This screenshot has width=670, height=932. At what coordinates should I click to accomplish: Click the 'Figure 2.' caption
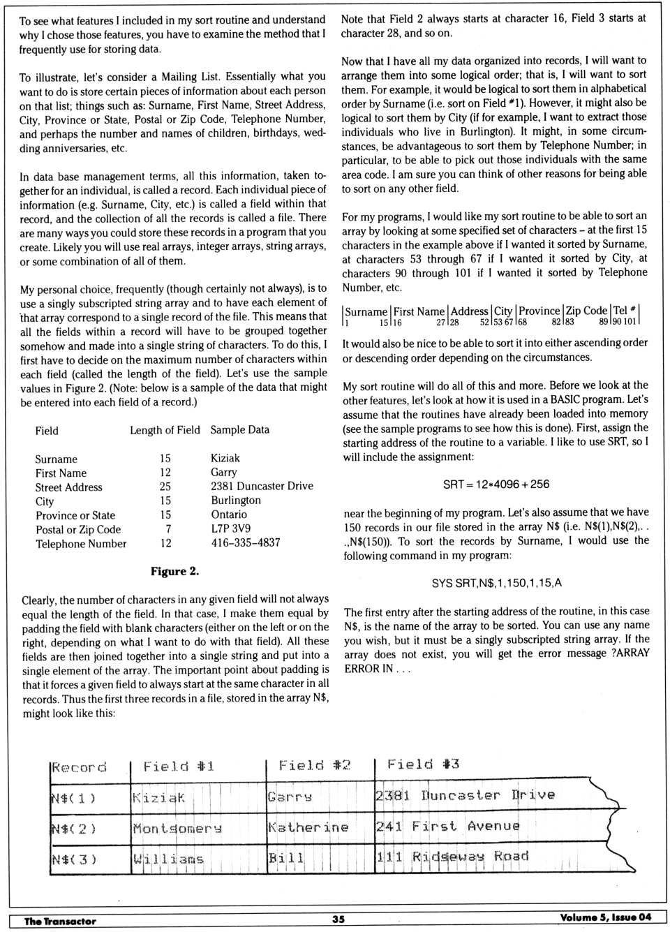point(174,572)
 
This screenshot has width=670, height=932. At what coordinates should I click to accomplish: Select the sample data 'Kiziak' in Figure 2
point(225,458)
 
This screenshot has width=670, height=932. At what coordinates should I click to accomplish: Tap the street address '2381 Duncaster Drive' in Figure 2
point(262,486)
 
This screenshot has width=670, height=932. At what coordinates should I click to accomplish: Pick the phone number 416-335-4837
point(245,542)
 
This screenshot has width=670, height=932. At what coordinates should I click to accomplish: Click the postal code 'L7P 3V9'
point(230,528)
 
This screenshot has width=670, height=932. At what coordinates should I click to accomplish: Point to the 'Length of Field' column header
point(165,430)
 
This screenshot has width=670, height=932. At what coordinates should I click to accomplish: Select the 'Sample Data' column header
point(239,430)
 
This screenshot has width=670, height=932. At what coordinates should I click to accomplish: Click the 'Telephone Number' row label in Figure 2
point(81,544)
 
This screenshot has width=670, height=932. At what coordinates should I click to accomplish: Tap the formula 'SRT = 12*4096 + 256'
point(496,485)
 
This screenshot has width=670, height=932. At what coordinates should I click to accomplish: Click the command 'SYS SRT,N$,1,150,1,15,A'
point(496,583)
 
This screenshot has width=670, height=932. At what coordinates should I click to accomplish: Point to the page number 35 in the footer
point(338,919)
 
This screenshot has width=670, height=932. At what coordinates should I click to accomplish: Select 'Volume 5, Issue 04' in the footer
point(605,917)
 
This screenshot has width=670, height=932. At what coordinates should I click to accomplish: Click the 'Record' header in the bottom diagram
point(79,768)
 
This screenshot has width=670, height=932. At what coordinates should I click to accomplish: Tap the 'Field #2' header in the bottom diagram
point(314,766)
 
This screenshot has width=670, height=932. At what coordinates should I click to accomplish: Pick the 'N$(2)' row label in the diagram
point(73,829)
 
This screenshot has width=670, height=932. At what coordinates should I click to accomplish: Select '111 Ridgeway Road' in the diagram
point(452,857)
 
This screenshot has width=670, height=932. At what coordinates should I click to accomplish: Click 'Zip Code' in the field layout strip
point(586,311)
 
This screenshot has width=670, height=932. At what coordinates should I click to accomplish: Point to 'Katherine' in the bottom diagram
point(308,827)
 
